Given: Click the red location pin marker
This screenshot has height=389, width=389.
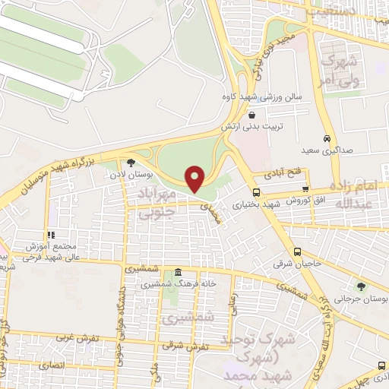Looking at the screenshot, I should pos(195,179).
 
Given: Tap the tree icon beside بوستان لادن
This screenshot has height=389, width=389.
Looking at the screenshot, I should pos(131,162).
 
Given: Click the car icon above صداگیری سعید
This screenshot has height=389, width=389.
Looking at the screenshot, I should pos(326,139).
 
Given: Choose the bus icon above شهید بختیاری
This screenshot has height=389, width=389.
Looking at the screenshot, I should pos(256,192).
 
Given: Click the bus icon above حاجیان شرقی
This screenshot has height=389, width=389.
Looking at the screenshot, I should pos(297,252).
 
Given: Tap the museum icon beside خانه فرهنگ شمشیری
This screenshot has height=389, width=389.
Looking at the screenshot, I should pos(178,273).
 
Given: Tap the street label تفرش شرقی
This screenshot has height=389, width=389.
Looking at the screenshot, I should pos(180,343).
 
